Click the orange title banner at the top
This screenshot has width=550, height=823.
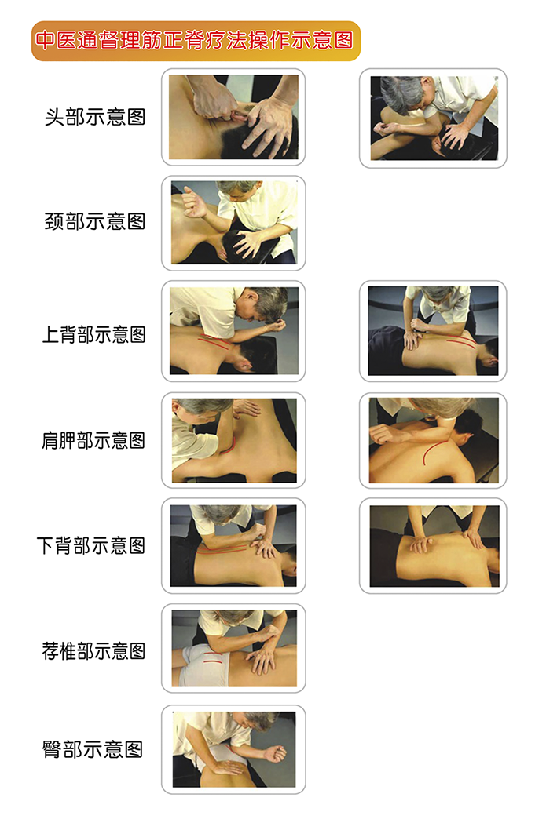[196, 41]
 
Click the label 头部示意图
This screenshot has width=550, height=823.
[94, 117]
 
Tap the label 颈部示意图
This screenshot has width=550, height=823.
[94, 221]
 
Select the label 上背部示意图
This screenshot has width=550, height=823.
[93, 334]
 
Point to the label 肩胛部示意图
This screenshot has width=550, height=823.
[93, 440]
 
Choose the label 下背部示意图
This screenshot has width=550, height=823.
[91, 545]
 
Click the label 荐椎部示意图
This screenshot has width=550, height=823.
[93, 651]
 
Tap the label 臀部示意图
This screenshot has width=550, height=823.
[93, 749]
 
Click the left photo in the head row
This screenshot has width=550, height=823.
[233, 117]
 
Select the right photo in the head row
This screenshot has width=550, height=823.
[434, 118]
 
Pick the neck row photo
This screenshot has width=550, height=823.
[234, 223]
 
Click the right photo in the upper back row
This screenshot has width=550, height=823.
[433, 330]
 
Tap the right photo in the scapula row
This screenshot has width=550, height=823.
[434, 440]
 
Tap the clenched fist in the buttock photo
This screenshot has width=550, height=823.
[276, 754]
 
